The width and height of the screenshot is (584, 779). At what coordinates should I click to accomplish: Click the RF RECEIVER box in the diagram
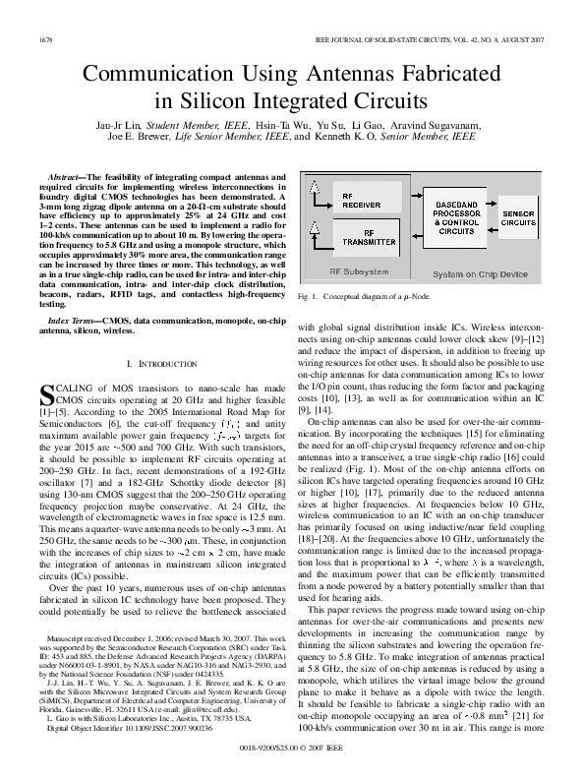pos(361,200)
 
